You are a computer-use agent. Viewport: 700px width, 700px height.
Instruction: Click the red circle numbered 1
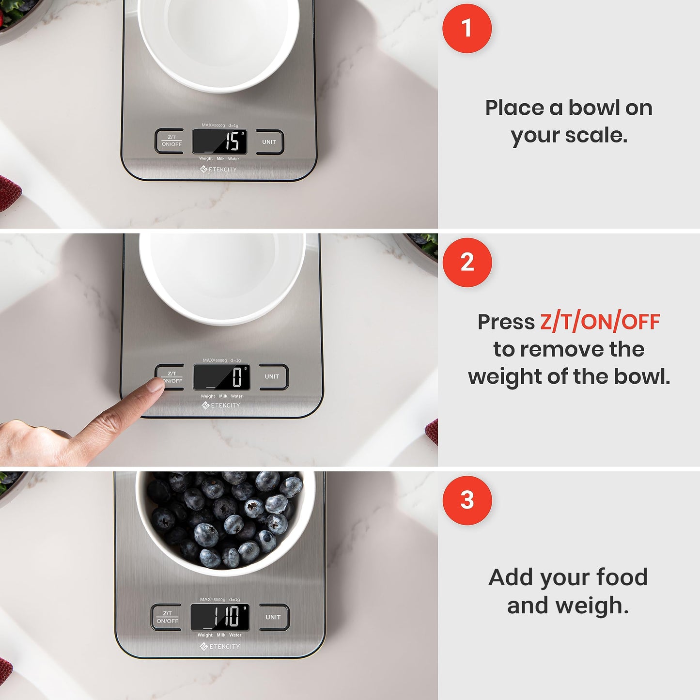[467, 28]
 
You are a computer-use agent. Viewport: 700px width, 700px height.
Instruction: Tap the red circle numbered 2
[467, 262]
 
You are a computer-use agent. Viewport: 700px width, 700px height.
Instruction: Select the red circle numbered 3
[467, 500]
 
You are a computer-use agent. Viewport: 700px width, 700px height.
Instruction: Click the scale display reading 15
[220, 141]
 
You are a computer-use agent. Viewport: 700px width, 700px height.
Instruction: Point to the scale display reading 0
[222, 377]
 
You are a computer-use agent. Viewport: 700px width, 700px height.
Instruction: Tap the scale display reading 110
[220, 617]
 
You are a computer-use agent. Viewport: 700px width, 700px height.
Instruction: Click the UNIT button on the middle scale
[272, 376]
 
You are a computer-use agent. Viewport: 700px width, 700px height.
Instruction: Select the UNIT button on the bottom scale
[273, 617]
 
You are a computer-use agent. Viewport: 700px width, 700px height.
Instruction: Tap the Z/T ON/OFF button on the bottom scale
[167, 617]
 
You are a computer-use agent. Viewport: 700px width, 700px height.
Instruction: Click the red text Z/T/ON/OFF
[600, 322]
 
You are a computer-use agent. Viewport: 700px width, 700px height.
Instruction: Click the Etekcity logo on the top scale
[218, 169]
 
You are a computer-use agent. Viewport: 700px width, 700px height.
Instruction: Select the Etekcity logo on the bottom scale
[220, 646]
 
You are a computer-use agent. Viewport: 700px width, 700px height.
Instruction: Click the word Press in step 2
[506, 322]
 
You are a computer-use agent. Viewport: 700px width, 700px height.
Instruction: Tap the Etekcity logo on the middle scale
[221, 405]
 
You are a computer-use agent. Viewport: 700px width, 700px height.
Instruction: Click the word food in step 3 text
[622, 577]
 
